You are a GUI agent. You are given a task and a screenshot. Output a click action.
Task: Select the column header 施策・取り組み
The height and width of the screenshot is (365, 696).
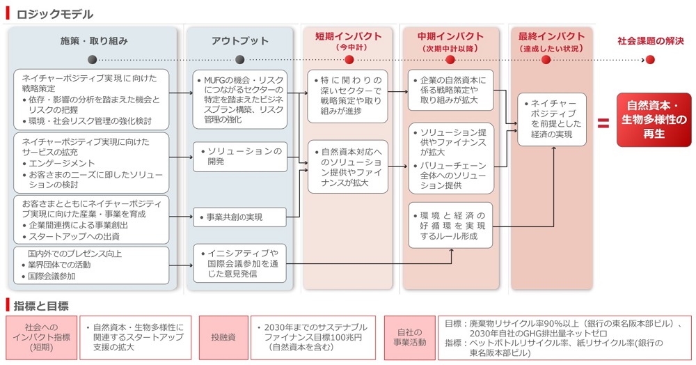click(94, 41)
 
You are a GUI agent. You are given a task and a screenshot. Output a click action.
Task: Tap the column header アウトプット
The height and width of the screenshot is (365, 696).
click(239, 41)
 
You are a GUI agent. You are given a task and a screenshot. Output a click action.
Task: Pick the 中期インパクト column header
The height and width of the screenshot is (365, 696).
click(450, 37)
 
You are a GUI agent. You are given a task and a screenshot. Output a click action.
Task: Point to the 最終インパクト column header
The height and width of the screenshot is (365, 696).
click(551, 37)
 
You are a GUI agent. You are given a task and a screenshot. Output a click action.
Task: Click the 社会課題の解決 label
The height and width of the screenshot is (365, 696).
click(650, 41)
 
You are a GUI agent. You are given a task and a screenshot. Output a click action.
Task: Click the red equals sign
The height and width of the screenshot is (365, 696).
click(603, 123)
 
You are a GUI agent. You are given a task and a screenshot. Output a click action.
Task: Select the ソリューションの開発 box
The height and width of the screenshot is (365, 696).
click(239, 156)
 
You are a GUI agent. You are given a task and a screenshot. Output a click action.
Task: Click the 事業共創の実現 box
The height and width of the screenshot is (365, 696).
click(239, 217)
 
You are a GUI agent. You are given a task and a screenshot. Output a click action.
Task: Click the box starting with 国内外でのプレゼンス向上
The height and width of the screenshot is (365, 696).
click(90, 265)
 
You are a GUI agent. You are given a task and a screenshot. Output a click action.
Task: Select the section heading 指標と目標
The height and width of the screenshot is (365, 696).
click(42, 305)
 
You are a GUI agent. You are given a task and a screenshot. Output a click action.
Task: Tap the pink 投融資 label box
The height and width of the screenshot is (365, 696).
click(223, 337)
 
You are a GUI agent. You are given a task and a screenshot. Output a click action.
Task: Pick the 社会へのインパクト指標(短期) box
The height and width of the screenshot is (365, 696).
click(41, 337)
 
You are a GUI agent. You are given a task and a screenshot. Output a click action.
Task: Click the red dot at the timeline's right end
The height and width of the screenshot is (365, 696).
click(649, 60)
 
